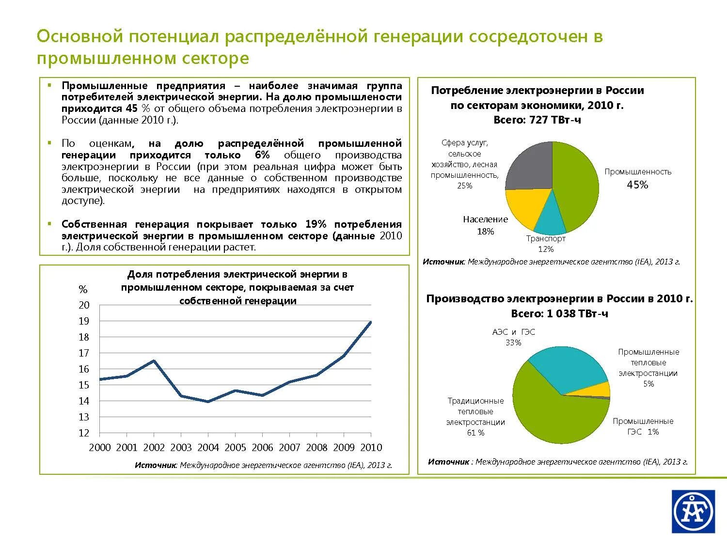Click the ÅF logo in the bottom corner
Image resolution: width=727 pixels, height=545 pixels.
[x=693, y=511]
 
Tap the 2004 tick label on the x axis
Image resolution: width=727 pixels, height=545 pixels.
[x=208, y=448]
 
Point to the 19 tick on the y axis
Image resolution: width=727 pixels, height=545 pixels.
[x=84, y=321]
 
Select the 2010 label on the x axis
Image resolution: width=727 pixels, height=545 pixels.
[x=371, y=448]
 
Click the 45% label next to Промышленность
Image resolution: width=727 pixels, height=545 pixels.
[x=637, y=185]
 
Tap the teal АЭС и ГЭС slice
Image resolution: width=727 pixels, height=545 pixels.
[x=567, y=368]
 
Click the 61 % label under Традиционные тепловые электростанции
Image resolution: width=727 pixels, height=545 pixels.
[x=475, y=433]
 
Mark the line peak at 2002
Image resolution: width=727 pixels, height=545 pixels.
[x=154, y=360]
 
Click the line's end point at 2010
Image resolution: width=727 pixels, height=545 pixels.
[x=371, y=322]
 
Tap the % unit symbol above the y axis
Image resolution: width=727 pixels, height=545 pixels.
[x=83, y=290]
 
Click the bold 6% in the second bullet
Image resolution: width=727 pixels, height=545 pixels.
[x=262, y=155]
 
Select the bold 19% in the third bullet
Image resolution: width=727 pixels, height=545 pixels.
[x=316, y=224]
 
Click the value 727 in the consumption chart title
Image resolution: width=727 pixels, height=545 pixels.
[x=538, y=120]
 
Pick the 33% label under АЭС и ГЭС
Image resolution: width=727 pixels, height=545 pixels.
[x=513, y=343]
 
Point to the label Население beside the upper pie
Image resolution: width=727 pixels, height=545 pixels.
[x=485, y=219]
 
